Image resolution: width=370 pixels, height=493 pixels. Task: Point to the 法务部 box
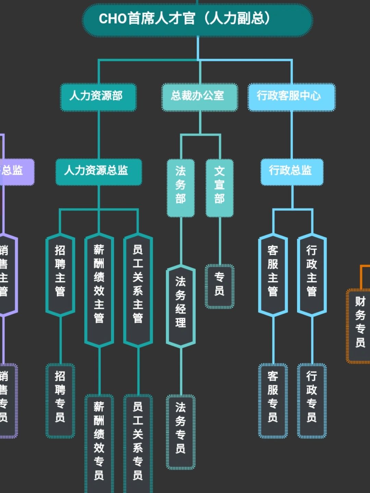[x=181, y=188]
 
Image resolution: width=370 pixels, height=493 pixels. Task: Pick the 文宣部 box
[x=220, y=188]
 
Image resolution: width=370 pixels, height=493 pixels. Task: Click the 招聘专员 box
[x=60, y=400]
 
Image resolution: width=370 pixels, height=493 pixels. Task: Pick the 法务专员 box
[x=181, y=432]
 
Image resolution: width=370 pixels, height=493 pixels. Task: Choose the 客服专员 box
[x=273, y=400]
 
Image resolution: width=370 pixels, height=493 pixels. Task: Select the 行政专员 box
[x=312, y=400]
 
